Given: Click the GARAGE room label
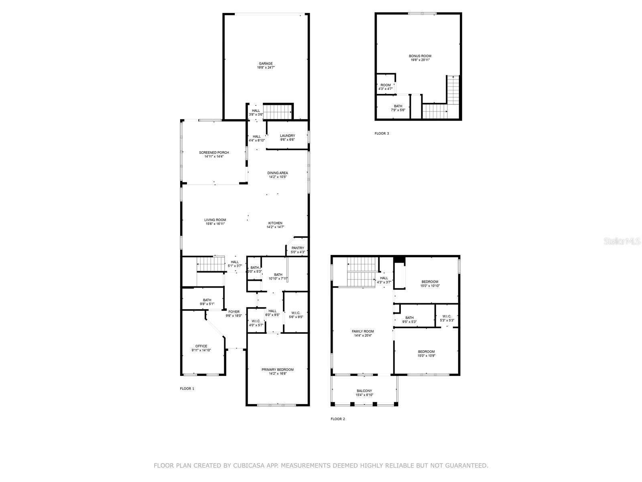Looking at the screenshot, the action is tap(266, 63).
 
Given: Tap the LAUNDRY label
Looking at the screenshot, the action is tap(288, 135).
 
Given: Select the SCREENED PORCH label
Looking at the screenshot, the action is tap(214, 153).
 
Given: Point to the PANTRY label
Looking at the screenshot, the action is tap(298, 248).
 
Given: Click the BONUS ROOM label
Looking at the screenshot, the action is tap(420, 56).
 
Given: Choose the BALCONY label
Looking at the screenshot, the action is tap(364, 391).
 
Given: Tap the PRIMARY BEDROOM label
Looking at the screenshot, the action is tap(278, 370).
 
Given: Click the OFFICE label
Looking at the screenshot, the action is tap(201, 346).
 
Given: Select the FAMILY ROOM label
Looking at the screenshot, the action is tap(363, 332).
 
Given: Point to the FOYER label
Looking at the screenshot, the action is tap(234, 312).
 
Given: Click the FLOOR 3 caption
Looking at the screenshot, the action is tap(382, 133).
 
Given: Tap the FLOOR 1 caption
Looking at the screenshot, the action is tap(187, 389).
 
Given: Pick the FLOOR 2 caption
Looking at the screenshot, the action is tap(338, 419).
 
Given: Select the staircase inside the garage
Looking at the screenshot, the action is tap(278, 112).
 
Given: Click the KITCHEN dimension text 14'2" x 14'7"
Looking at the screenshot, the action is tap(275, 227).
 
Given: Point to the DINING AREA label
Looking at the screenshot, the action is tap(278, 173).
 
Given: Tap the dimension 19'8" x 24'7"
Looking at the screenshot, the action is tap(266, 67).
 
